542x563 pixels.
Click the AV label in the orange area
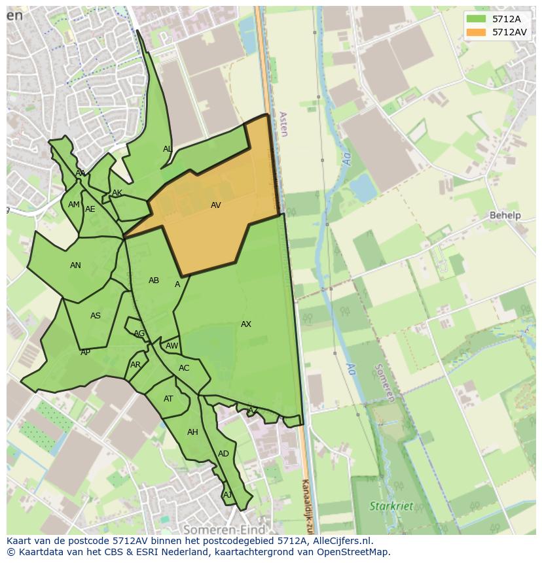(215, 205)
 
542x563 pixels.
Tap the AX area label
(246, 324)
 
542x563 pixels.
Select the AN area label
(75, 265)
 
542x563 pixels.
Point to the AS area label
(96, 316)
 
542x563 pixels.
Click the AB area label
(154, 281)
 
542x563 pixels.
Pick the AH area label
(192, 432)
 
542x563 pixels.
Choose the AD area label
(223, 454)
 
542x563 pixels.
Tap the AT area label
(168, 399)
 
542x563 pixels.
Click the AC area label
(184, 368)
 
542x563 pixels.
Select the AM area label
(73, 205)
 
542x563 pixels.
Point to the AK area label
(117, 193)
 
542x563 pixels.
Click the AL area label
(168, 149)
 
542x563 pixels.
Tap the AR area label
(135, 365)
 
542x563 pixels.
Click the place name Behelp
(505, 215)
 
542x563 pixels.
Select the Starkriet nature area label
(391, 506)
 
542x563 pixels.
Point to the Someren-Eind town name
(224, 529)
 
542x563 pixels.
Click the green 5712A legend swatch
(476, 18)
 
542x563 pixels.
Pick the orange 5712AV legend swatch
(476, 31)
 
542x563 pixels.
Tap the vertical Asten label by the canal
(283, 124)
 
